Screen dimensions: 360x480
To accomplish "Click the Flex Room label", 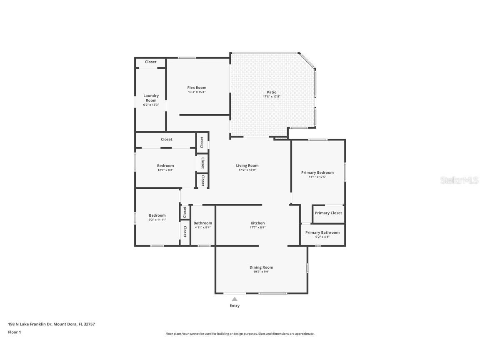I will tap(197, 87).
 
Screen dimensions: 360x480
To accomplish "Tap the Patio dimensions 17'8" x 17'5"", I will tap(271, 97).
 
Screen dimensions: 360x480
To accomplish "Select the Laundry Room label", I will tap(151, 98).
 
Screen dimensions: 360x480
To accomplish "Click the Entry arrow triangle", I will tap(235, 299).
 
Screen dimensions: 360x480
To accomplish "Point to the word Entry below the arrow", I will tap(235, 306).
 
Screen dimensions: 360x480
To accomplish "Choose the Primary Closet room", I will tap(328, 213).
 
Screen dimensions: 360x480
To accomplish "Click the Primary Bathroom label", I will tap(322, 232).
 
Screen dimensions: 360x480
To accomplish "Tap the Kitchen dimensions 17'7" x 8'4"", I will tap(257, 227).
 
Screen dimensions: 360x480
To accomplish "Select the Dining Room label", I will tap(261, 267).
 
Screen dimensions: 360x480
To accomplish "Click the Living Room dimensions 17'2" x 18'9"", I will tap(247, 170).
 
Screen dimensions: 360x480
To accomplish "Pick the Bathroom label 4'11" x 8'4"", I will tap(202, 225).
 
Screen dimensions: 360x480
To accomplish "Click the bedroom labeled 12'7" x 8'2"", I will tap(165, 167).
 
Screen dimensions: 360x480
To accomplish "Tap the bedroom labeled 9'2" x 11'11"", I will tap(157, 217).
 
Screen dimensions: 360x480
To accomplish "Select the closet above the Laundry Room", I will tap(150, 62).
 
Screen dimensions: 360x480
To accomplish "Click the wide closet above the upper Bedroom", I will tap(166, 139).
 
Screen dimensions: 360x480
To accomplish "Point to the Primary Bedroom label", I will tap(317, 172).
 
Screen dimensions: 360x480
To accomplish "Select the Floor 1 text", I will tap(14, 332).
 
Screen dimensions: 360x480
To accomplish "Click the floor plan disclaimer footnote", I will tap(240, 334).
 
